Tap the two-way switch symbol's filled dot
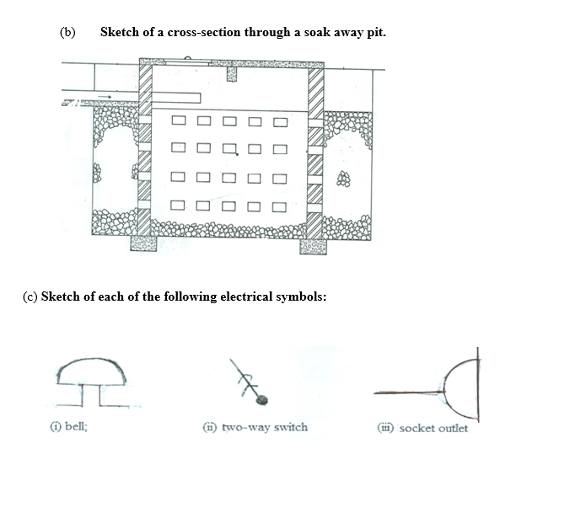[x=262, y=399]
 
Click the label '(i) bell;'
[x=69, y=426]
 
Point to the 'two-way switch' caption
[x=265, y=427]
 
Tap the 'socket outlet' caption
[x=433, y=428]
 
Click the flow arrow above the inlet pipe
[x=105, y=97]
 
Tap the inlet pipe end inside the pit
[x=200, y=98]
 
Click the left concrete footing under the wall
[x=143, y=243]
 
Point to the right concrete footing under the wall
[x=313, y=247]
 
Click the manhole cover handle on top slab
[x=187, y=58]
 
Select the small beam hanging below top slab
[x=232, y=73]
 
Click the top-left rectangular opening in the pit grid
[x=179, y=120]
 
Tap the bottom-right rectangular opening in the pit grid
[x=279, y=207]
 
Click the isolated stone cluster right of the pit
[x=344, y=179]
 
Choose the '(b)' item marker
[x=67, y=32]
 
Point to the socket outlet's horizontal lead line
[x=409, y=393]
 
